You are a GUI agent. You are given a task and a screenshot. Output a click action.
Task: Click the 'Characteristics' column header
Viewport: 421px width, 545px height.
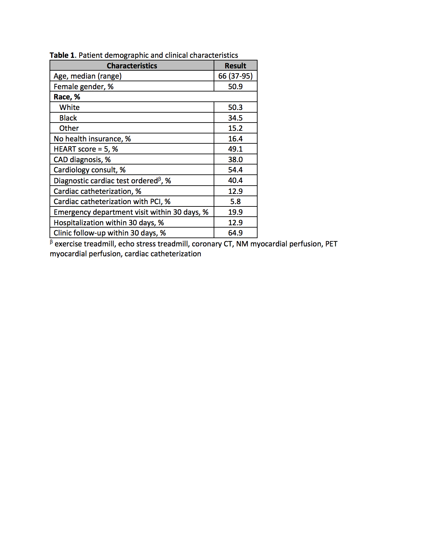tap(132, 66)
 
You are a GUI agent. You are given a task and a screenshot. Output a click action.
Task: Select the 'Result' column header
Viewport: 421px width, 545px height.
tap(235, 66)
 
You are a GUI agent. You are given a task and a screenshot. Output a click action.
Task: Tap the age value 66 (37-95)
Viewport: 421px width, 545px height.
tap(235, 76)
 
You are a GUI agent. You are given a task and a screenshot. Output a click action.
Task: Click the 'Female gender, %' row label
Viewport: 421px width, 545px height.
tap(84, 87)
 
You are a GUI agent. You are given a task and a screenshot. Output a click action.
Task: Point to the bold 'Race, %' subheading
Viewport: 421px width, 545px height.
tap(67, 97)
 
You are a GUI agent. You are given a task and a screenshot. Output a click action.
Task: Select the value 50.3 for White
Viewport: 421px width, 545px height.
tap(235, 107)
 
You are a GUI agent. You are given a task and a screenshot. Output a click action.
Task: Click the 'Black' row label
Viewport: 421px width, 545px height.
tap(68, 118)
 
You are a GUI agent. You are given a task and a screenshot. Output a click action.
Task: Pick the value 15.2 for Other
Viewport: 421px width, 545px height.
tap(235, 128)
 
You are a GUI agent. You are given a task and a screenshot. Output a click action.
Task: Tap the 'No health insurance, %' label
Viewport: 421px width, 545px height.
tap(92, 139)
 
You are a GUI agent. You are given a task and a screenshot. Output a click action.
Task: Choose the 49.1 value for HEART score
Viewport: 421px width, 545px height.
tap(235, 149)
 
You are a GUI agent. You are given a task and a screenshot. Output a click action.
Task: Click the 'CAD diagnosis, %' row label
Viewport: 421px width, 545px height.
tap(82, 160)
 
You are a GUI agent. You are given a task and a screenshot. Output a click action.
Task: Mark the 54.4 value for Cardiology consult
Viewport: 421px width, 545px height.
tap(235, 170)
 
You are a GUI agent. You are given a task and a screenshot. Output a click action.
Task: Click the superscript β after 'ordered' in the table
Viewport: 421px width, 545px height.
tap(159, 179)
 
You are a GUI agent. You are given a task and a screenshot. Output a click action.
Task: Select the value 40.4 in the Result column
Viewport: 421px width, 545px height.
tap(235, 180)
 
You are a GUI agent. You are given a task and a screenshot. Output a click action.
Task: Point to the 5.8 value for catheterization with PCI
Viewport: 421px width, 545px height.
tap(235, 201)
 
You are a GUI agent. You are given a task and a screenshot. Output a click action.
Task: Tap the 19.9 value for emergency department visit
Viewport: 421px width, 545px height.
tap(235, 212)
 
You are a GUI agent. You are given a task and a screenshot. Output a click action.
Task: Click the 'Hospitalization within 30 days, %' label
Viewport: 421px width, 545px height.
tap(109, 223)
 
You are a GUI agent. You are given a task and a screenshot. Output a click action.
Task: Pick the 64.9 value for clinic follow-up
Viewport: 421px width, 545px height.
tap(235, 233)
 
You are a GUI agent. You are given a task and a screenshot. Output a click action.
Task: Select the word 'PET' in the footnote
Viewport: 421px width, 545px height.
tap(331, 244)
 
